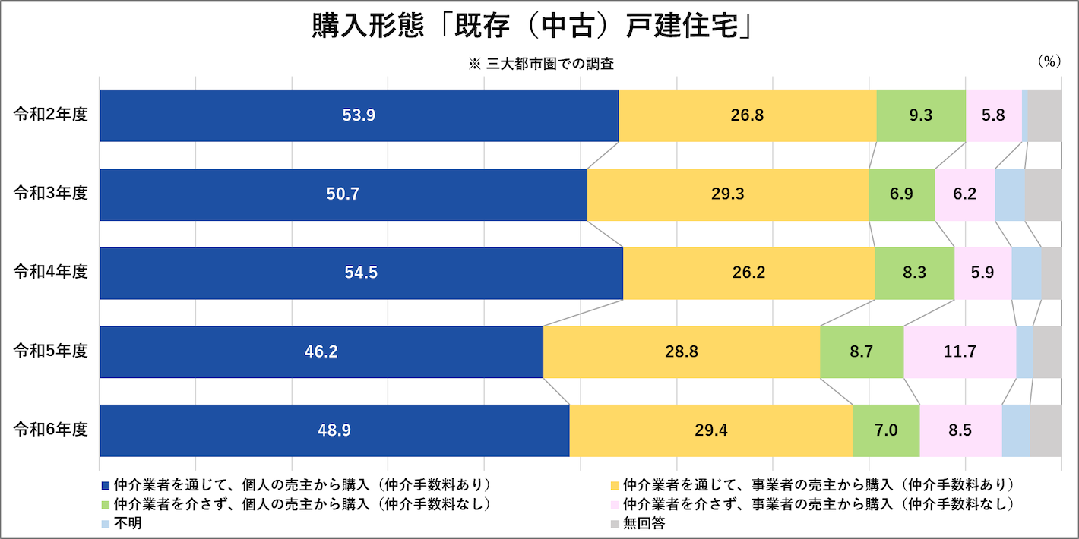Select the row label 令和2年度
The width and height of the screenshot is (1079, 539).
click(x=50, y=115)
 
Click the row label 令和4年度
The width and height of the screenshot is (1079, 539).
click(x=50, y=273)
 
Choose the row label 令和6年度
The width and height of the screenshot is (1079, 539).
click(x=50, y=430)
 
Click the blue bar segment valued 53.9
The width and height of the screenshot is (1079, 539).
click(x=359, y=115)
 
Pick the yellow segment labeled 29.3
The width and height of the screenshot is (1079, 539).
click(x=727, y=194)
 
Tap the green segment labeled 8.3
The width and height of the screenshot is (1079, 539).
click(x=914, y=273)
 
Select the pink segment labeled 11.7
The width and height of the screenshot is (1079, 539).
click(x=959, y=351)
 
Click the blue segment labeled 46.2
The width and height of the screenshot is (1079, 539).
click(x=321, y=351)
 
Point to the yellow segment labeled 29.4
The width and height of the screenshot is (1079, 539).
click(x=710, y=430)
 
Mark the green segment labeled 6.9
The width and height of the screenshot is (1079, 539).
click(x=901, y=194)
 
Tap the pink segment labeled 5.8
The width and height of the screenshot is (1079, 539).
click(x=993, y=115)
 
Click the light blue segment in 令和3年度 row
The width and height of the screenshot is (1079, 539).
click(x=1010, y=194)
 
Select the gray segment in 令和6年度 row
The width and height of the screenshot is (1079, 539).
click(x=1045, y=430)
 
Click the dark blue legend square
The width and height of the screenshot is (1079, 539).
click(x=105, y=484)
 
